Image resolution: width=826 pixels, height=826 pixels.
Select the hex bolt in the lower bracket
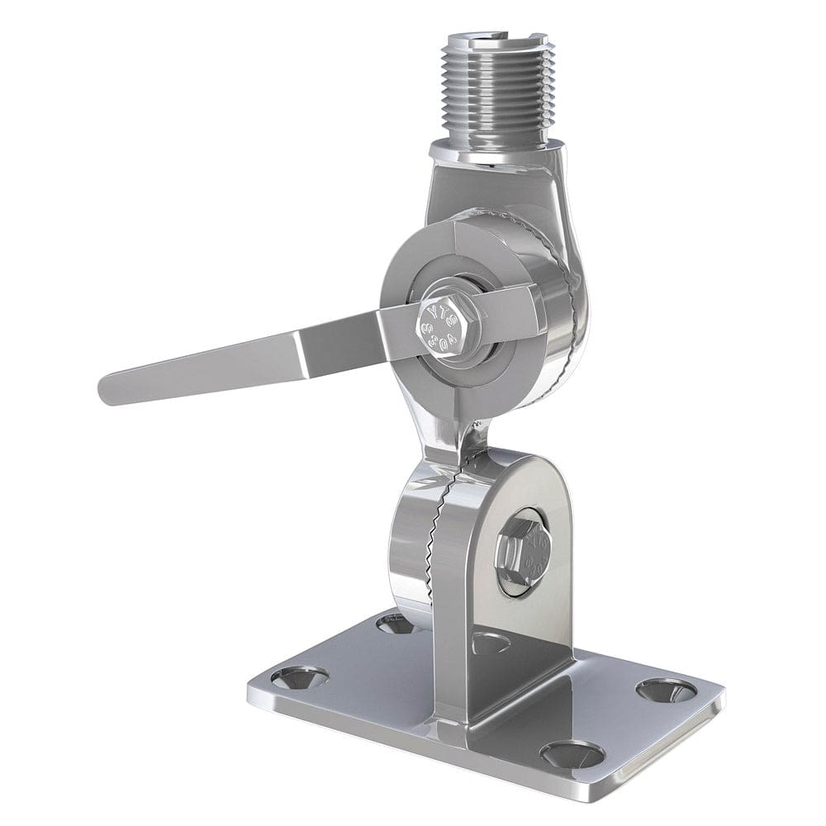point(522,552)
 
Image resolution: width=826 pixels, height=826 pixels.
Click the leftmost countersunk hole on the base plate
point(298,678)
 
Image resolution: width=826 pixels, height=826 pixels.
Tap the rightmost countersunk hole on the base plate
point(666,690)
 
